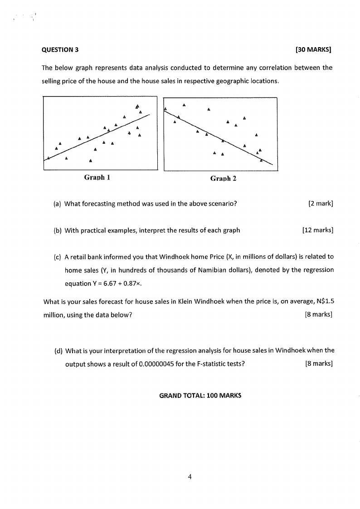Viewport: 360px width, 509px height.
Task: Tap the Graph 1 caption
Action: pyautogui.click(x=98, y=177)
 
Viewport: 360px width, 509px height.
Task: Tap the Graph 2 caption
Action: pyautogui.click(x=223, y=179)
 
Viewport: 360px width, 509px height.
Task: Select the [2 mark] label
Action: pyautogui.click(x=321, y=204)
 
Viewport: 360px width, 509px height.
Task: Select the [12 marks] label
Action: pyautogui.click(x=317, y=230)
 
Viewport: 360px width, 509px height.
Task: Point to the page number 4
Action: pyautogui.click(x=190, y=476)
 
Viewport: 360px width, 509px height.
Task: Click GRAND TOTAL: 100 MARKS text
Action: pyautogui.click(x=200, y=395)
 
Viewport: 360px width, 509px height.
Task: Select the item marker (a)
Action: pyautogui.click(x=57, y=204)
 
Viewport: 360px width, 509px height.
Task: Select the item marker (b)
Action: pyautogui.click(x=58, y=230)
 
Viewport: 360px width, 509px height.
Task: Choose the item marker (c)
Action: pyautogui.click(x=57, y=257)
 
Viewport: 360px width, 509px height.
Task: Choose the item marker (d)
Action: pyautogui.click(x=58, y=350)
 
